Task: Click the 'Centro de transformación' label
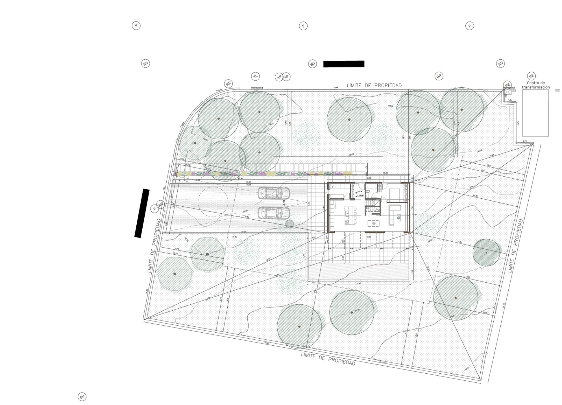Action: click(x=535, y=85)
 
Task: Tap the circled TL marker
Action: click(x=255, y=76)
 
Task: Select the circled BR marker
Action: click(x=439, y=76)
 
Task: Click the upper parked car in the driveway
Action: click(x=274, y=193)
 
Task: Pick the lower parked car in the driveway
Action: click(x=274, y=213)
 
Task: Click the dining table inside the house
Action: click(x=373, y=223)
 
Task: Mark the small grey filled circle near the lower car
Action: click(x=289, y=224)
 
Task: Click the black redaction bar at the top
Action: click(x=343, y=64)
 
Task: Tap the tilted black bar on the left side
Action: click(x=141, y=213)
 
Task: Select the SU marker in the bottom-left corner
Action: click(x=82, y=397)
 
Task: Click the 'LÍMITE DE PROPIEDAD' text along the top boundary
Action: click(x=374, y=85)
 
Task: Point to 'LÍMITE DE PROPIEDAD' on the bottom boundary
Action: click(x=328, y=359)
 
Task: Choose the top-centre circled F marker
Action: click(x=303, y=26)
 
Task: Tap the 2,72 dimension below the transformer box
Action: click(x=525, y=141)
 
